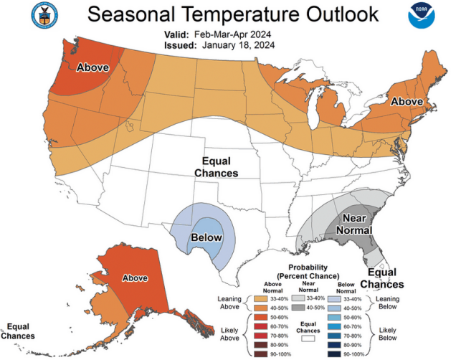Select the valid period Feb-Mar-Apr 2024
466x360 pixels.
click(x=234, y=34)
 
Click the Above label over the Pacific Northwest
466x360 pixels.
click(x=92, y=67)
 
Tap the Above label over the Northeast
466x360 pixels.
click(x=406, y=102)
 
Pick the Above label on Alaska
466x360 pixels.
click(x=135, y=278)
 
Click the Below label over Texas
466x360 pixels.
click(x=206, y=237)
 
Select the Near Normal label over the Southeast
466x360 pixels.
click(x=356, y=224)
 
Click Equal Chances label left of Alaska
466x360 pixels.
click(x=18, y=331)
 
